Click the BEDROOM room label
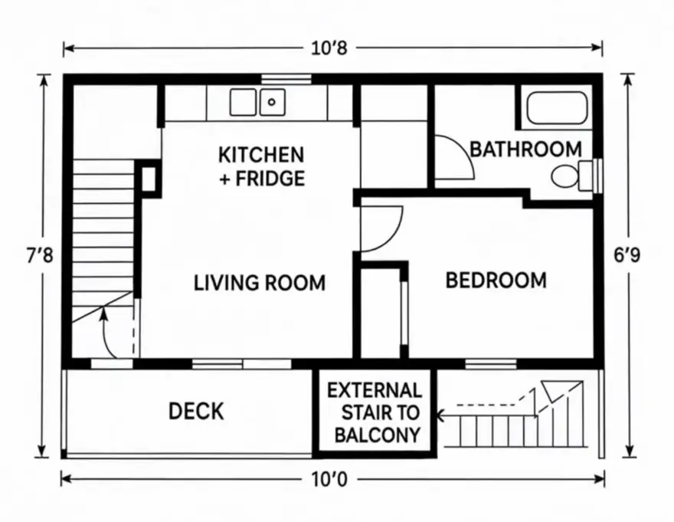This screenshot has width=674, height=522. click(x=496, y=281)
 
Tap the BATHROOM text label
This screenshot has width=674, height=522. click(x=525, y=149)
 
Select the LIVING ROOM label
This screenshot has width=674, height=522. click(x=260, y=283)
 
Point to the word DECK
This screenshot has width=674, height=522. click(x=196, y=412)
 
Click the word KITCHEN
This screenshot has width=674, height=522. click(x=261, y=155)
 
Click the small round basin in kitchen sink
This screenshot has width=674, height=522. click(x=272, y=101)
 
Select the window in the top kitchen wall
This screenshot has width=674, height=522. click(x=286, y=78)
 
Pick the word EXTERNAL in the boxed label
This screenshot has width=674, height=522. click(x=374, y=390)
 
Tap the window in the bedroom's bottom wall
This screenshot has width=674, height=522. click(x=490, y=363)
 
